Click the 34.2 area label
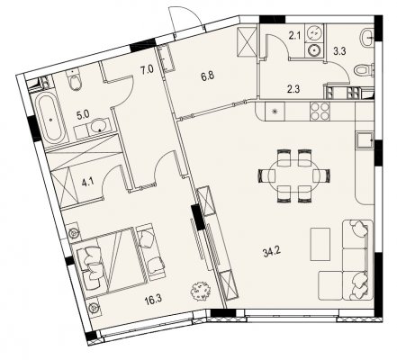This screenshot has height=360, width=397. [272, 253]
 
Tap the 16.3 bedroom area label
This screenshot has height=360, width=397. [153, 301]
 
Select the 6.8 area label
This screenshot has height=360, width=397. [208, 76]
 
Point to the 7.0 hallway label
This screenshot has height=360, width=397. [147, 70]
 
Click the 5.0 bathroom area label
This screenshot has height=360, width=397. [83, 115]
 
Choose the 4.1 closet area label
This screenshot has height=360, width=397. [86, 183]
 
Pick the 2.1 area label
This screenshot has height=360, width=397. [294, 37]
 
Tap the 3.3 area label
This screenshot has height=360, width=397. [339, 51]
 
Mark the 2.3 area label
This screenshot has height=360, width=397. [293, 89]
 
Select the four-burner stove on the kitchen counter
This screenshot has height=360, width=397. [320, 112]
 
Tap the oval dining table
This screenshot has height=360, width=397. [294, 175]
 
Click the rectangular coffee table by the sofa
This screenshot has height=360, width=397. [320, 244]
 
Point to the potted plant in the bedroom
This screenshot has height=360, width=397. [201, 291]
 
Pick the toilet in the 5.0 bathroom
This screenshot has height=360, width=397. [74, 80]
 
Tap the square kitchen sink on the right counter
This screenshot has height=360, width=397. [365, 140]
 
